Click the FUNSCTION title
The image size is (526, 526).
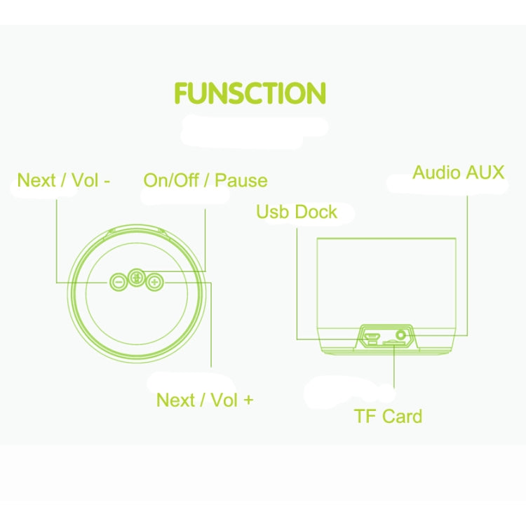[250, 93]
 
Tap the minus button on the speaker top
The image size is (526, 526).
[118, 282]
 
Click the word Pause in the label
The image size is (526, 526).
[241, 181]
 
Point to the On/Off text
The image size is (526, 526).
[170, 181]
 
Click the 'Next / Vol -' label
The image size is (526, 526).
[64, 180]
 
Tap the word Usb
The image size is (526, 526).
[271, 212]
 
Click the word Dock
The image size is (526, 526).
[315, 212]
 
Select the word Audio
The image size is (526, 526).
[436, 173]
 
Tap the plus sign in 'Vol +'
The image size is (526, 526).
[248, 400]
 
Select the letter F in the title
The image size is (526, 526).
[182, 93]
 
